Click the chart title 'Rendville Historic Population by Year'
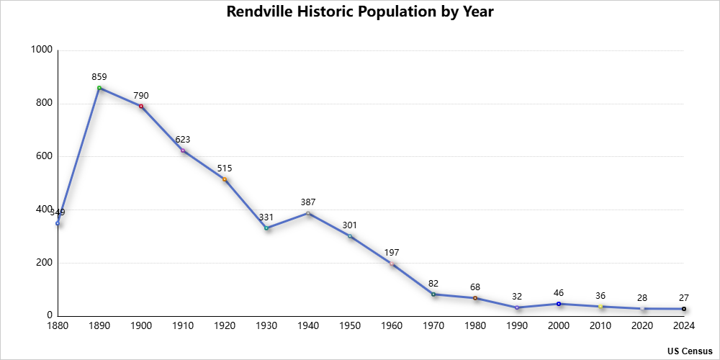tap(360, 12)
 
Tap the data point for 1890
tap(99, 88)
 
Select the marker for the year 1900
tap(141, 107)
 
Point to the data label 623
tap(183, 140)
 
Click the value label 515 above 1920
tap(225, 168)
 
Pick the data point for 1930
tap(266, 228)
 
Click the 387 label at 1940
tap(308, 202)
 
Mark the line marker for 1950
tap(350, 236)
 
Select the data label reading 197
tap(392, 253)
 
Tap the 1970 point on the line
tap(433, 294)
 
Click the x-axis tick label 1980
tap(475, 325)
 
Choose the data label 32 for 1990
tap(517, 297)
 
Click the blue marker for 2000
tap(559, 304)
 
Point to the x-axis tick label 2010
tap(600, 325)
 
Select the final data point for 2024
tap(684, 309)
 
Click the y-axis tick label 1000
tap(42, 50)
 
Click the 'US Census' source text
tap(690, 351)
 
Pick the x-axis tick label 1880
tap(58, 325)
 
